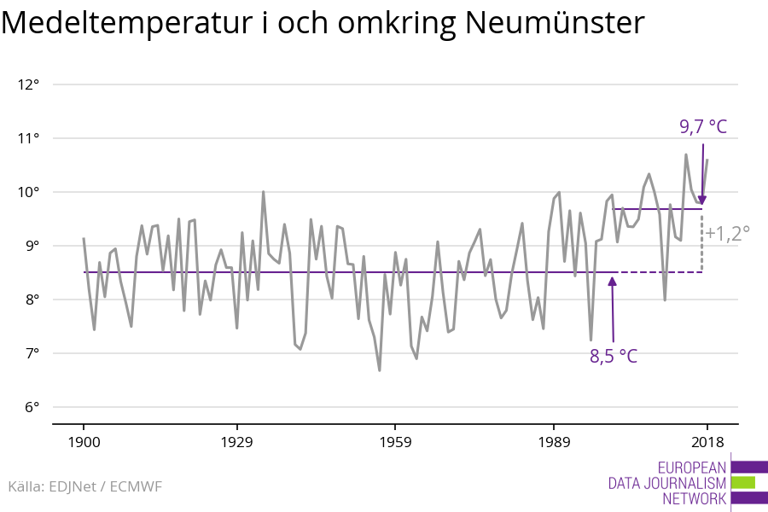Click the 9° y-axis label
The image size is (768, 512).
coord(32,246)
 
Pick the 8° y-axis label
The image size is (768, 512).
coord(32,300)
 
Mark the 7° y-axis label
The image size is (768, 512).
coord(32,353)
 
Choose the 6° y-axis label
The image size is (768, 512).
coord(32,407)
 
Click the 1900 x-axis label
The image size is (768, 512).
coord(84,442)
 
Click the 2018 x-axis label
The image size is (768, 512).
coord(707,442)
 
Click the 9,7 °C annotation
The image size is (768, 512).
coord(703,127)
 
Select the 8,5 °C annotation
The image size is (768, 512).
coord(614,356)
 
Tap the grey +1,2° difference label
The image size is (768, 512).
coord(727,232)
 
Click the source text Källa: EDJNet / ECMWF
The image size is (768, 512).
coord(84,486)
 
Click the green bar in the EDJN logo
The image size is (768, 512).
coord(743,482)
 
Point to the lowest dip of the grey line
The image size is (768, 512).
coord(379,369)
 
